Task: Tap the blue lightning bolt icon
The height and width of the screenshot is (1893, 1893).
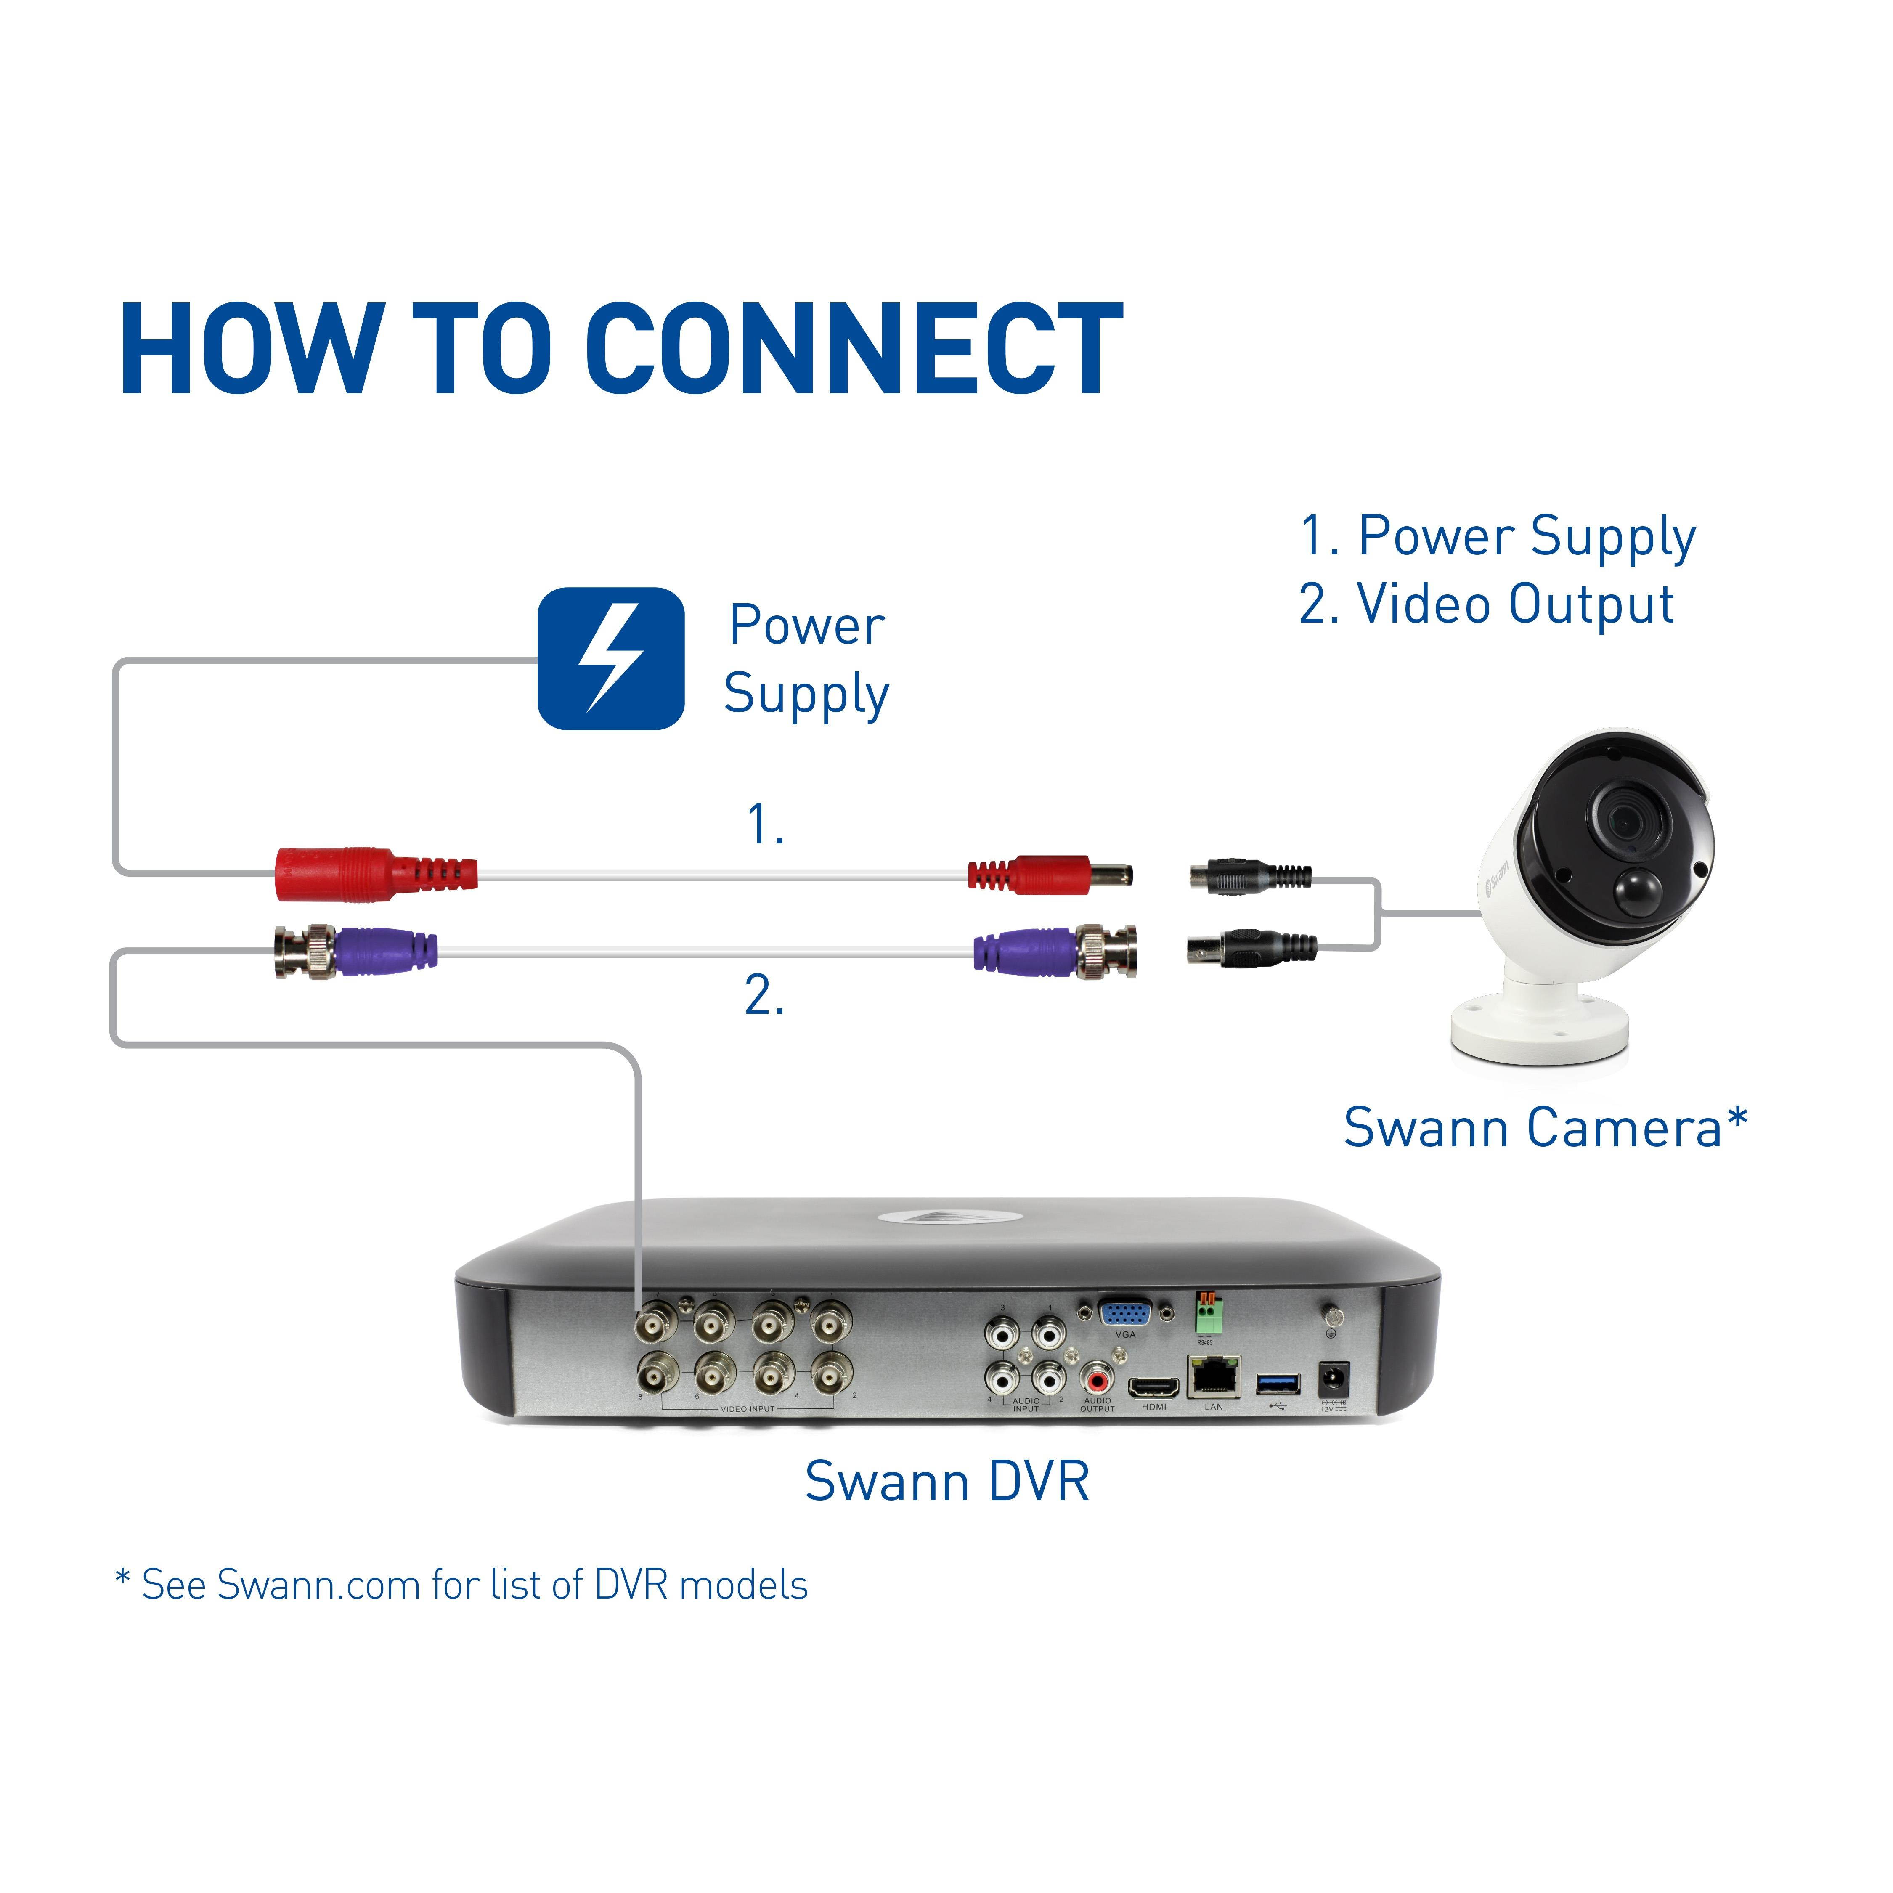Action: [610, 658]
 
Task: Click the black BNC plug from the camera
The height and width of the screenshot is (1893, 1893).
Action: [1249, 949]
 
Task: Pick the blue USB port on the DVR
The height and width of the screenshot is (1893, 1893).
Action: [1278, 1382]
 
